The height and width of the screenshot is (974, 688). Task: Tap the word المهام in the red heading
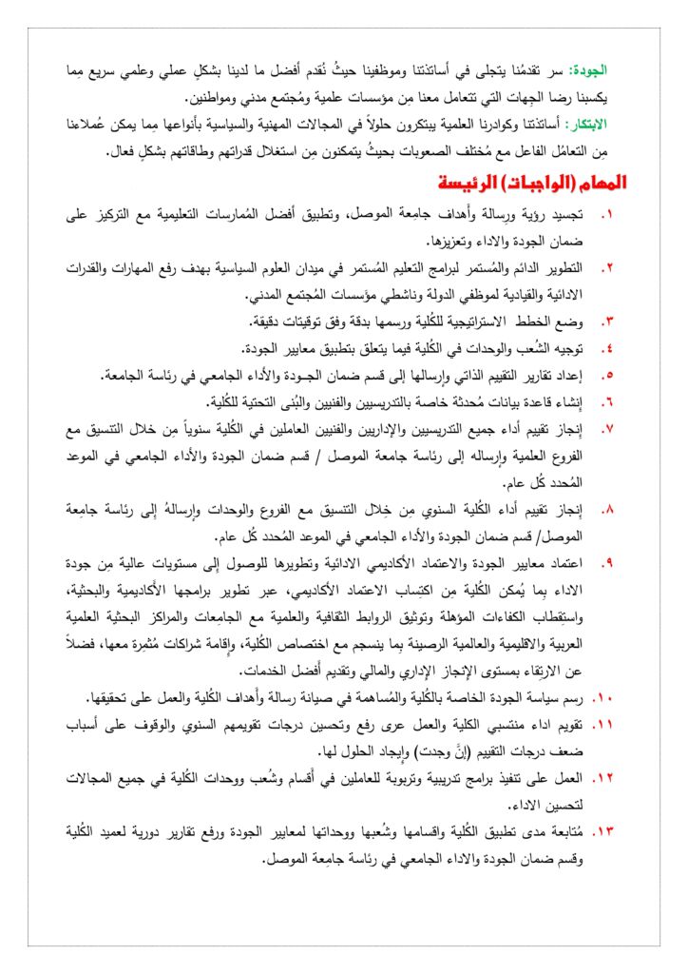[589, 182]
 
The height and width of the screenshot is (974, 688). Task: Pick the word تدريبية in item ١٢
[432, 779]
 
